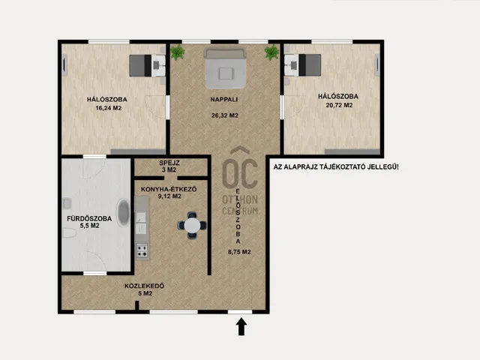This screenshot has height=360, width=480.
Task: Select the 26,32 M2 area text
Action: tap(224, 115)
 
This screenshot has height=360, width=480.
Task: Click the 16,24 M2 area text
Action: tap(109, 108)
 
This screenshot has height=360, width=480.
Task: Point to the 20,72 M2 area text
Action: tap(337, 105)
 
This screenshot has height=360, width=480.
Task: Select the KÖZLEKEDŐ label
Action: tap(145, 286)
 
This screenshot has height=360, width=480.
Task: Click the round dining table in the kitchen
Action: tap(193, 225)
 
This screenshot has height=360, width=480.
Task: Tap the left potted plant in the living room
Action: tap(177, 52)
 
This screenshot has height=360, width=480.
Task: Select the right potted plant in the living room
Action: tap(271, 52)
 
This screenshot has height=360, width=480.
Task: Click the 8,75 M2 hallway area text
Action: tap(239, 252)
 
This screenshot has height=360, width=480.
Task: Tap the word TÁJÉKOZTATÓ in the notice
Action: tap(346, 166)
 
